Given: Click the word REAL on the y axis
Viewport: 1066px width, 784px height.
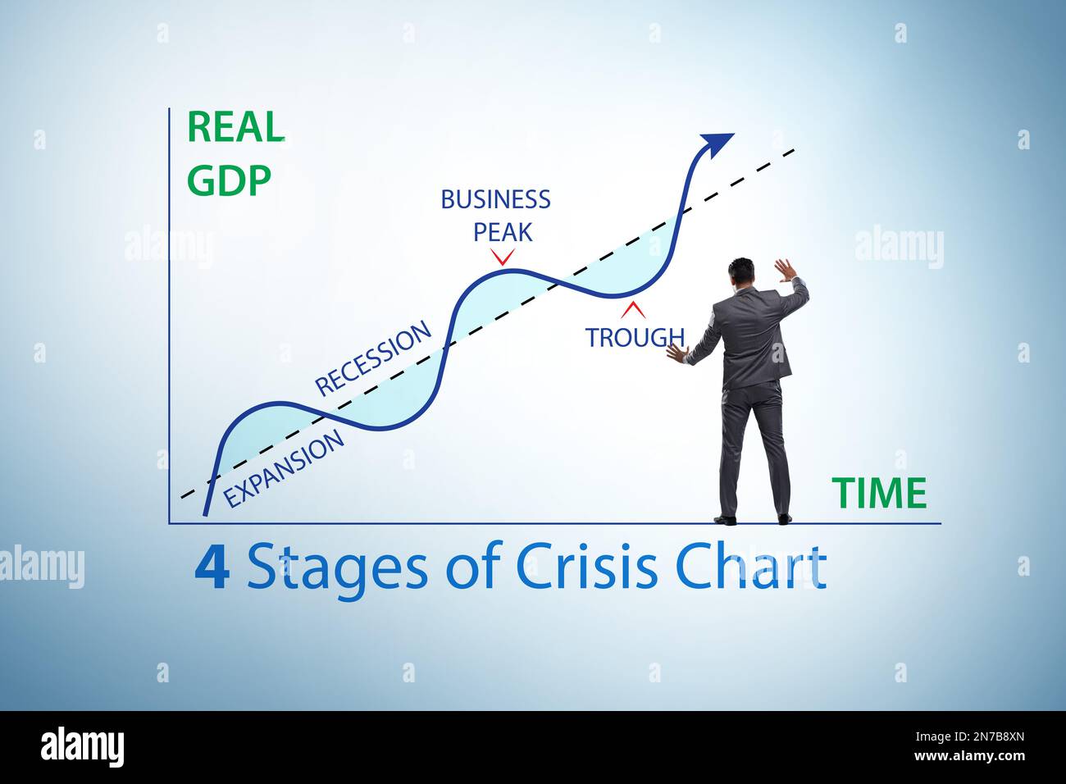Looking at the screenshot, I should (235, 127).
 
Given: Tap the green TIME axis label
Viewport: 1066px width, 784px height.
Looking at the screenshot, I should (879, 494).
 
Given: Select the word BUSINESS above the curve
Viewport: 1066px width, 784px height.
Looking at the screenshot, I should (495, 199).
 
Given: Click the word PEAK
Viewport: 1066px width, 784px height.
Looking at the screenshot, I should (503, 232).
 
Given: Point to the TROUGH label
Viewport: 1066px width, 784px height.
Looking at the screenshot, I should (633, 337).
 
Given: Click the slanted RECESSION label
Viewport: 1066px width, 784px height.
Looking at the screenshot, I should (373, 358).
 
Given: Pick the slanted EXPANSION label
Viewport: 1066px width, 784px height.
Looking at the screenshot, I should (284, 469).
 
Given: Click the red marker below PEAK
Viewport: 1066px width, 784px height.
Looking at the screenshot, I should (502, 258).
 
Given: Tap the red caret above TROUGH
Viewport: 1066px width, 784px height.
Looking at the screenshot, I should (633, 310).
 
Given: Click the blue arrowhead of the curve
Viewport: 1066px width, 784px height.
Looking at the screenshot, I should (717, 144).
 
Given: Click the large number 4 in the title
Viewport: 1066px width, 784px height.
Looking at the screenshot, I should (212, 568).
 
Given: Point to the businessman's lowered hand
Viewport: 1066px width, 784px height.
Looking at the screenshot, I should (676, 353).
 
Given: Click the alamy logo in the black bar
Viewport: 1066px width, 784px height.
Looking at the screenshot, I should (82, 747).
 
